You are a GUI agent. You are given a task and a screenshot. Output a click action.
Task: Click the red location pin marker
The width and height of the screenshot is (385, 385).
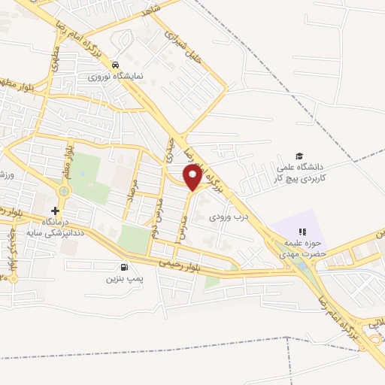pyautogui.click(x=193, y=178)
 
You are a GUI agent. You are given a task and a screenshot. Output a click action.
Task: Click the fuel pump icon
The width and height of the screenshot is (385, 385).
pyautogui.click(x=124, y=267)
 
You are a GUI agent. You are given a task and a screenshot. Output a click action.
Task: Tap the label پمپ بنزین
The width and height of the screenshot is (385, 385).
pyautogui.click(x=123, y=279)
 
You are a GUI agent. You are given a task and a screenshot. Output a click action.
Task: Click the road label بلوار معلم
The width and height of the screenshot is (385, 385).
pyautogui.click(x=68, y=160)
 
